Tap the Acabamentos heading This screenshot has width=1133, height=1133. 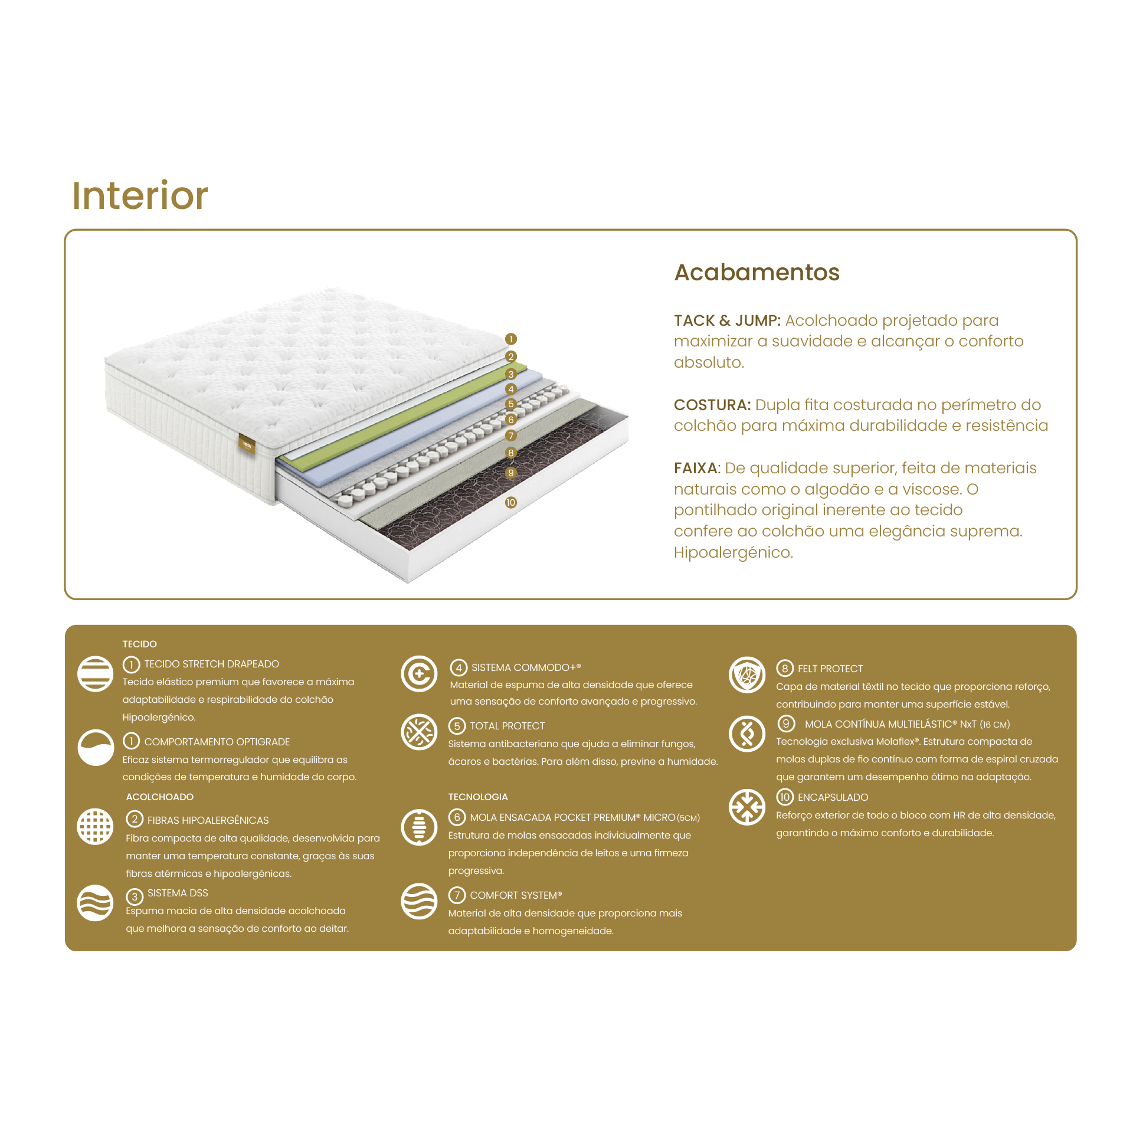tap(757, 273)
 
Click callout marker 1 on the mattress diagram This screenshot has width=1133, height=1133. tap(511, 339)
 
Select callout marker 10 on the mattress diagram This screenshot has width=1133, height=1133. tap(511, 502)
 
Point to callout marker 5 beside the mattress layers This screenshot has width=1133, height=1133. tap(511, 404)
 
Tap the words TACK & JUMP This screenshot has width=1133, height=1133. tap(727, 320)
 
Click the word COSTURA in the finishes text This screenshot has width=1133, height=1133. tap(712, 405)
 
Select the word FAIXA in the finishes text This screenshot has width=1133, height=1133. tap(697, 468)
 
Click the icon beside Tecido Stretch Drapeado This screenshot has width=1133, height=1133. tap(95, 673)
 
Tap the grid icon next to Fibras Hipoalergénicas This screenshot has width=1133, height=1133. tap(95, 826)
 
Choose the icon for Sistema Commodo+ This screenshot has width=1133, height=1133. tap(419, 673)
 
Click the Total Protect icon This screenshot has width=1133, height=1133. tap(419, 732)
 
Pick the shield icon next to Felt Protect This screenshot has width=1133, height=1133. tap(747, 674)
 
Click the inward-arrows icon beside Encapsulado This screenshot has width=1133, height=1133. tap(747, 807)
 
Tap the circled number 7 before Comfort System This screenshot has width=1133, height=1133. tap(457, 895)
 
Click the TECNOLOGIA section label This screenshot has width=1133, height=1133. tap(478, 797)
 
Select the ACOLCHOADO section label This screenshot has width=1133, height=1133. tap(159, 797)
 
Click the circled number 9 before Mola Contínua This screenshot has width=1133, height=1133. tap(785, 723)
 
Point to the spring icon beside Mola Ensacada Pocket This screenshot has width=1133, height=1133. tap(419, 827)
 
